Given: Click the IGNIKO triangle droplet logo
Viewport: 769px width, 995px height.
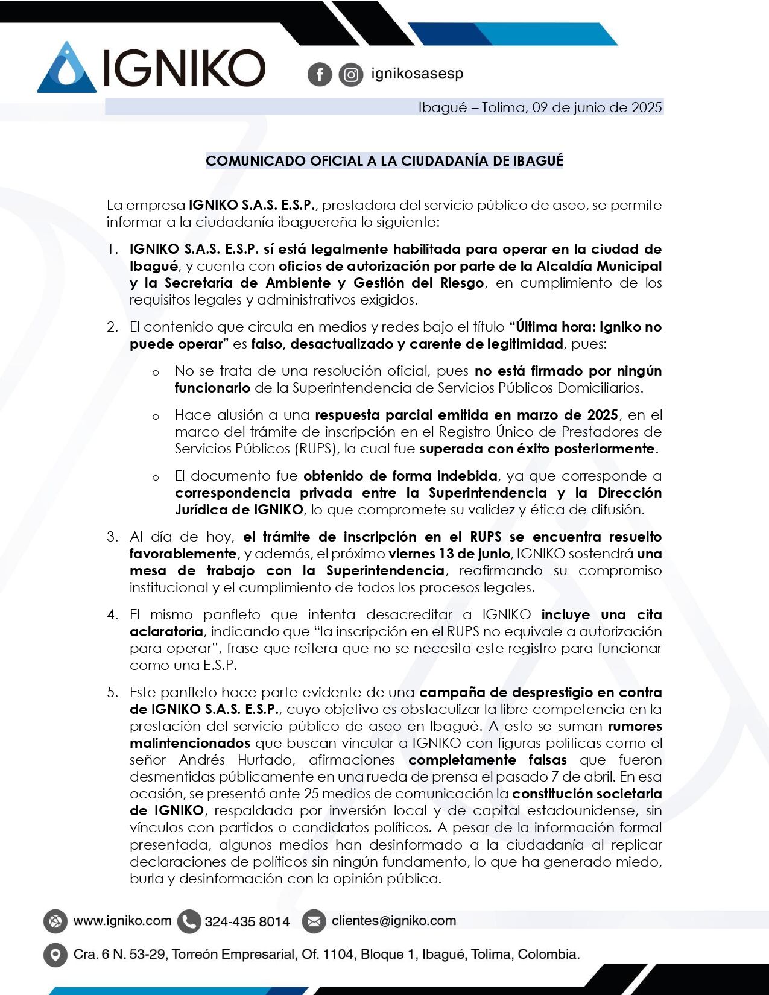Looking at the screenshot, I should (66, 68).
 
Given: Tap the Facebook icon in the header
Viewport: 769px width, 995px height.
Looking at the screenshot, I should (320, 75).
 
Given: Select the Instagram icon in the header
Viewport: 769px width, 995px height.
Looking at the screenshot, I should (350, 75).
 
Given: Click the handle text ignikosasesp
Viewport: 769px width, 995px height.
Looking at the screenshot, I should (417, 74).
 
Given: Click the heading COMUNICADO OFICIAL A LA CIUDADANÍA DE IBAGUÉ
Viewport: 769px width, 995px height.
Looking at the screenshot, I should (384, 161).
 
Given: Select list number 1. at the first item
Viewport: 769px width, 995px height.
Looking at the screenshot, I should (113, 249).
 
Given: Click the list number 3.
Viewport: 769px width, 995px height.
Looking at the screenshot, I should (113, 537).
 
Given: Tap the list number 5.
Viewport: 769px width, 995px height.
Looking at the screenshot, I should (113, 692).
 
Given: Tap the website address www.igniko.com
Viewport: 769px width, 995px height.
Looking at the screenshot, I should (122, 921).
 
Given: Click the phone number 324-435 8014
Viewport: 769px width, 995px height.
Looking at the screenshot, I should (247, 921).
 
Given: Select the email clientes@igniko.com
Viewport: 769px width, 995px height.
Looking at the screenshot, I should (394, 921).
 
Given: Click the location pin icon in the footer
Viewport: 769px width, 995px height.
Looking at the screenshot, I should (55, 955).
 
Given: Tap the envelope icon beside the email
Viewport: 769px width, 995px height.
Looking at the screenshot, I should (314, 921).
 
